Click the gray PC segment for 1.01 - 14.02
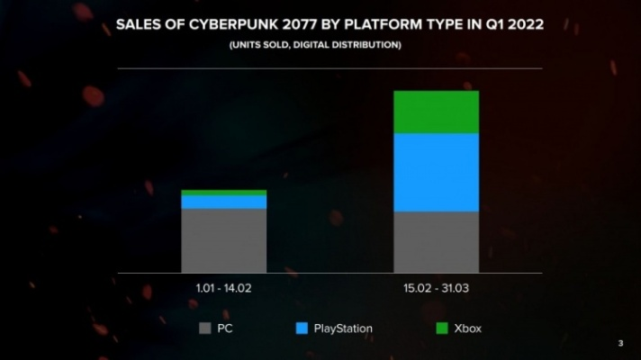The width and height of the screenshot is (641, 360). (224, 240)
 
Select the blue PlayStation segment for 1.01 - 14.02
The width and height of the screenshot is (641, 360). (224, 202)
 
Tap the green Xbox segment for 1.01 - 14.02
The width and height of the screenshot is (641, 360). (224, 193)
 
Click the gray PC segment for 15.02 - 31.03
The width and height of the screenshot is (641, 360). (436, 242)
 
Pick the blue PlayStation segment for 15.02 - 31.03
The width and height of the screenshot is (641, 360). (436, 172)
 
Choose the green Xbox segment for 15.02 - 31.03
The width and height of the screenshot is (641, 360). (436, 112)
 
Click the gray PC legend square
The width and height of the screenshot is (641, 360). (204, 328)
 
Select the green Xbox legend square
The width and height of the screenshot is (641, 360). (442, 328)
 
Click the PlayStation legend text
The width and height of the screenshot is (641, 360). (343, 328)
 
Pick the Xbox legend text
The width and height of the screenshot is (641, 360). (468, 328)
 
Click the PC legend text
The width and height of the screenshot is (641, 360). (225, 328)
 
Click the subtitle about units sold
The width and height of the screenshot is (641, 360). (321, 43)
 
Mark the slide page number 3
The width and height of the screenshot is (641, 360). (620, 343)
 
